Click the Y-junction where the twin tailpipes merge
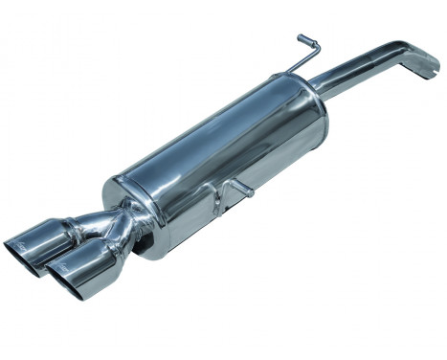click(113, 230)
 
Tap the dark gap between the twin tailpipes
click(67, 251)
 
